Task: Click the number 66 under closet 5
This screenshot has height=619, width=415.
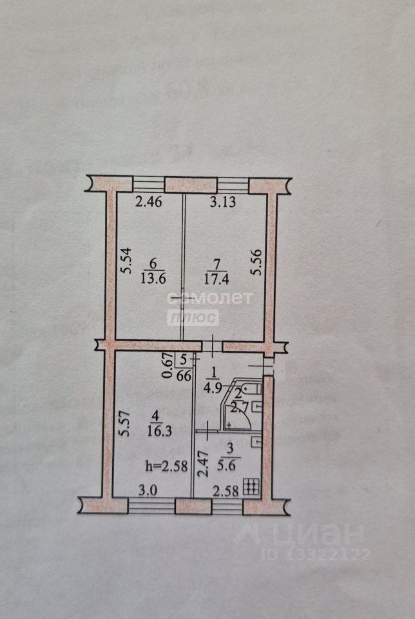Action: (x=183, y=376)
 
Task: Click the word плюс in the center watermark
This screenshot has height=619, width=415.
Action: (x=193, y=318)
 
